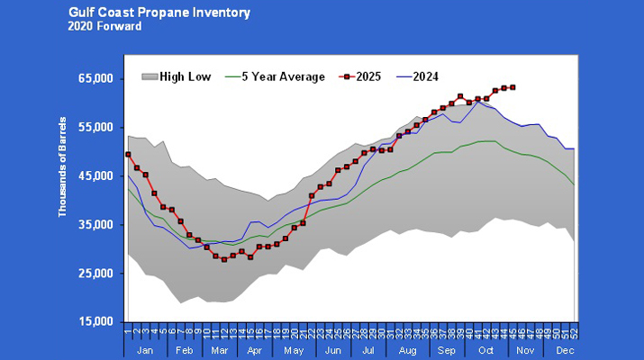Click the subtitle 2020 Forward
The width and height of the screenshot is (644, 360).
pyautogui.click(x=104, y=26)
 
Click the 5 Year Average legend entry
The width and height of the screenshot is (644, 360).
pyautogui.click(x=280, y=76)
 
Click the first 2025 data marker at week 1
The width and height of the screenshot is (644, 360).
pyautogui.click(x=128, y=155)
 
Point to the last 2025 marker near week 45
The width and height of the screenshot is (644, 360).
pyautogui.click(x=512, y=87)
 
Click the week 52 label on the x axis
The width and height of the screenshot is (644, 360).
pyautogui.click(x=574, y=331)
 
